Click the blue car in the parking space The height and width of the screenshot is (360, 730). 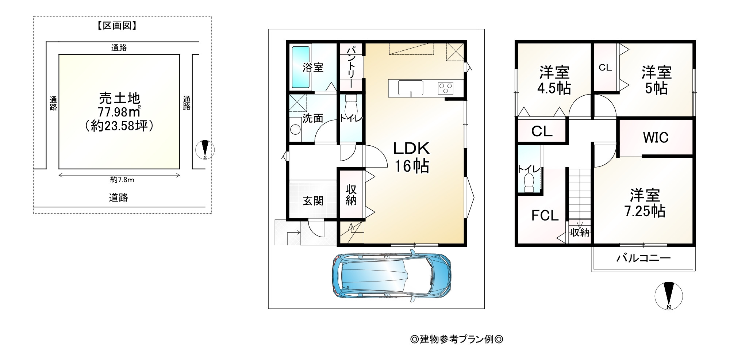391,275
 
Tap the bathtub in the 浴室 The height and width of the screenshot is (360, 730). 301,67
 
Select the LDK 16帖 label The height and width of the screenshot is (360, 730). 412,157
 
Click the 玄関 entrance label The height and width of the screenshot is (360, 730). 313,201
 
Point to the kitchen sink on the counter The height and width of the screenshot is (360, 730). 411,88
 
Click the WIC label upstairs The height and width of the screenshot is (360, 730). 656,138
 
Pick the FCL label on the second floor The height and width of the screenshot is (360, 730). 545,215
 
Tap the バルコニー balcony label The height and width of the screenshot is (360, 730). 643,258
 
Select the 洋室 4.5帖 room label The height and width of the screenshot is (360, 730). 554,80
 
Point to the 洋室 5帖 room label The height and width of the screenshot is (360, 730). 657,80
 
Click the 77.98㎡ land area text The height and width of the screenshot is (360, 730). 119,112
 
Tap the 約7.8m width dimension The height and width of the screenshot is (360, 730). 122,180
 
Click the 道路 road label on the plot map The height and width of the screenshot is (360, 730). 119,198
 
